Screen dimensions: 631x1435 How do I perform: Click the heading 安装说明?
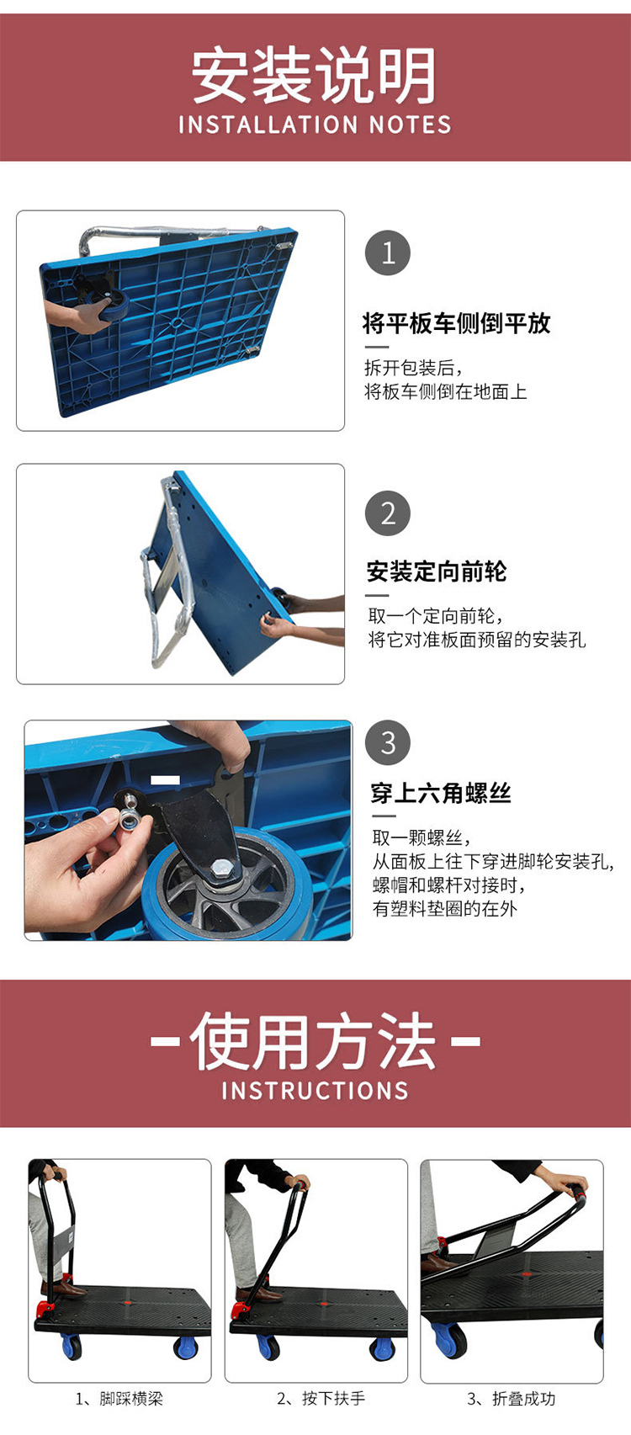315,76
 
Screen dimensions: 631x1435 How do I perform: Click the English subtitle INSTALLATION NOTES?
315,125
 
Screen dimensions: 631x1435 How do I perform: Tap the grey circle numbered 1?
388,253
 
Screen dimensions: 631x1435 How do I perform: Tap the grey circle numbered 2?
388,513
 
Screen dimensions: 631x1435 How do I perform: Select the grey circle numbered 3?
388,742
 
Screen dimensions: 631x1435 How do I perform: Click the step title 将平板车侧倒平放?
457,323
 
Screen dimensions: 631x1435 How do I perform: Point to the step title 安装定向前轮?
437,571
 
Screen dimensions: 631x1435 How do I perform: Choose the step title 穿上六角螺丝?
441,793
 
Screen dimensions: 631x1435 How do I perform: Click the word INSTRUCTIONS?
315,1090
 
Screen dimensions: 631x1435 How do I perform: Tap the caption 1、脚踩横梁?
119,1399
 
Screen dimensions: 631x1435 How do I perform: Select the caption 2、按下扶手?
321,1399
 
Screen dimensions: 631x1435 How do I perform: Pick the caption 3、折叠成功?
512,1399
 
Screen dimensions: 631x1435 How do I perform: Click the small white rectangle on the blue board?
165,779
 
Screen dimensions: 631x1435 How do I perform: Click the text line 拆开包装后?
414,368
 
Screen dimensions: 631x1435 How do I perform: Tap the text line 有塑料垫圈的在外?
444,908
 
